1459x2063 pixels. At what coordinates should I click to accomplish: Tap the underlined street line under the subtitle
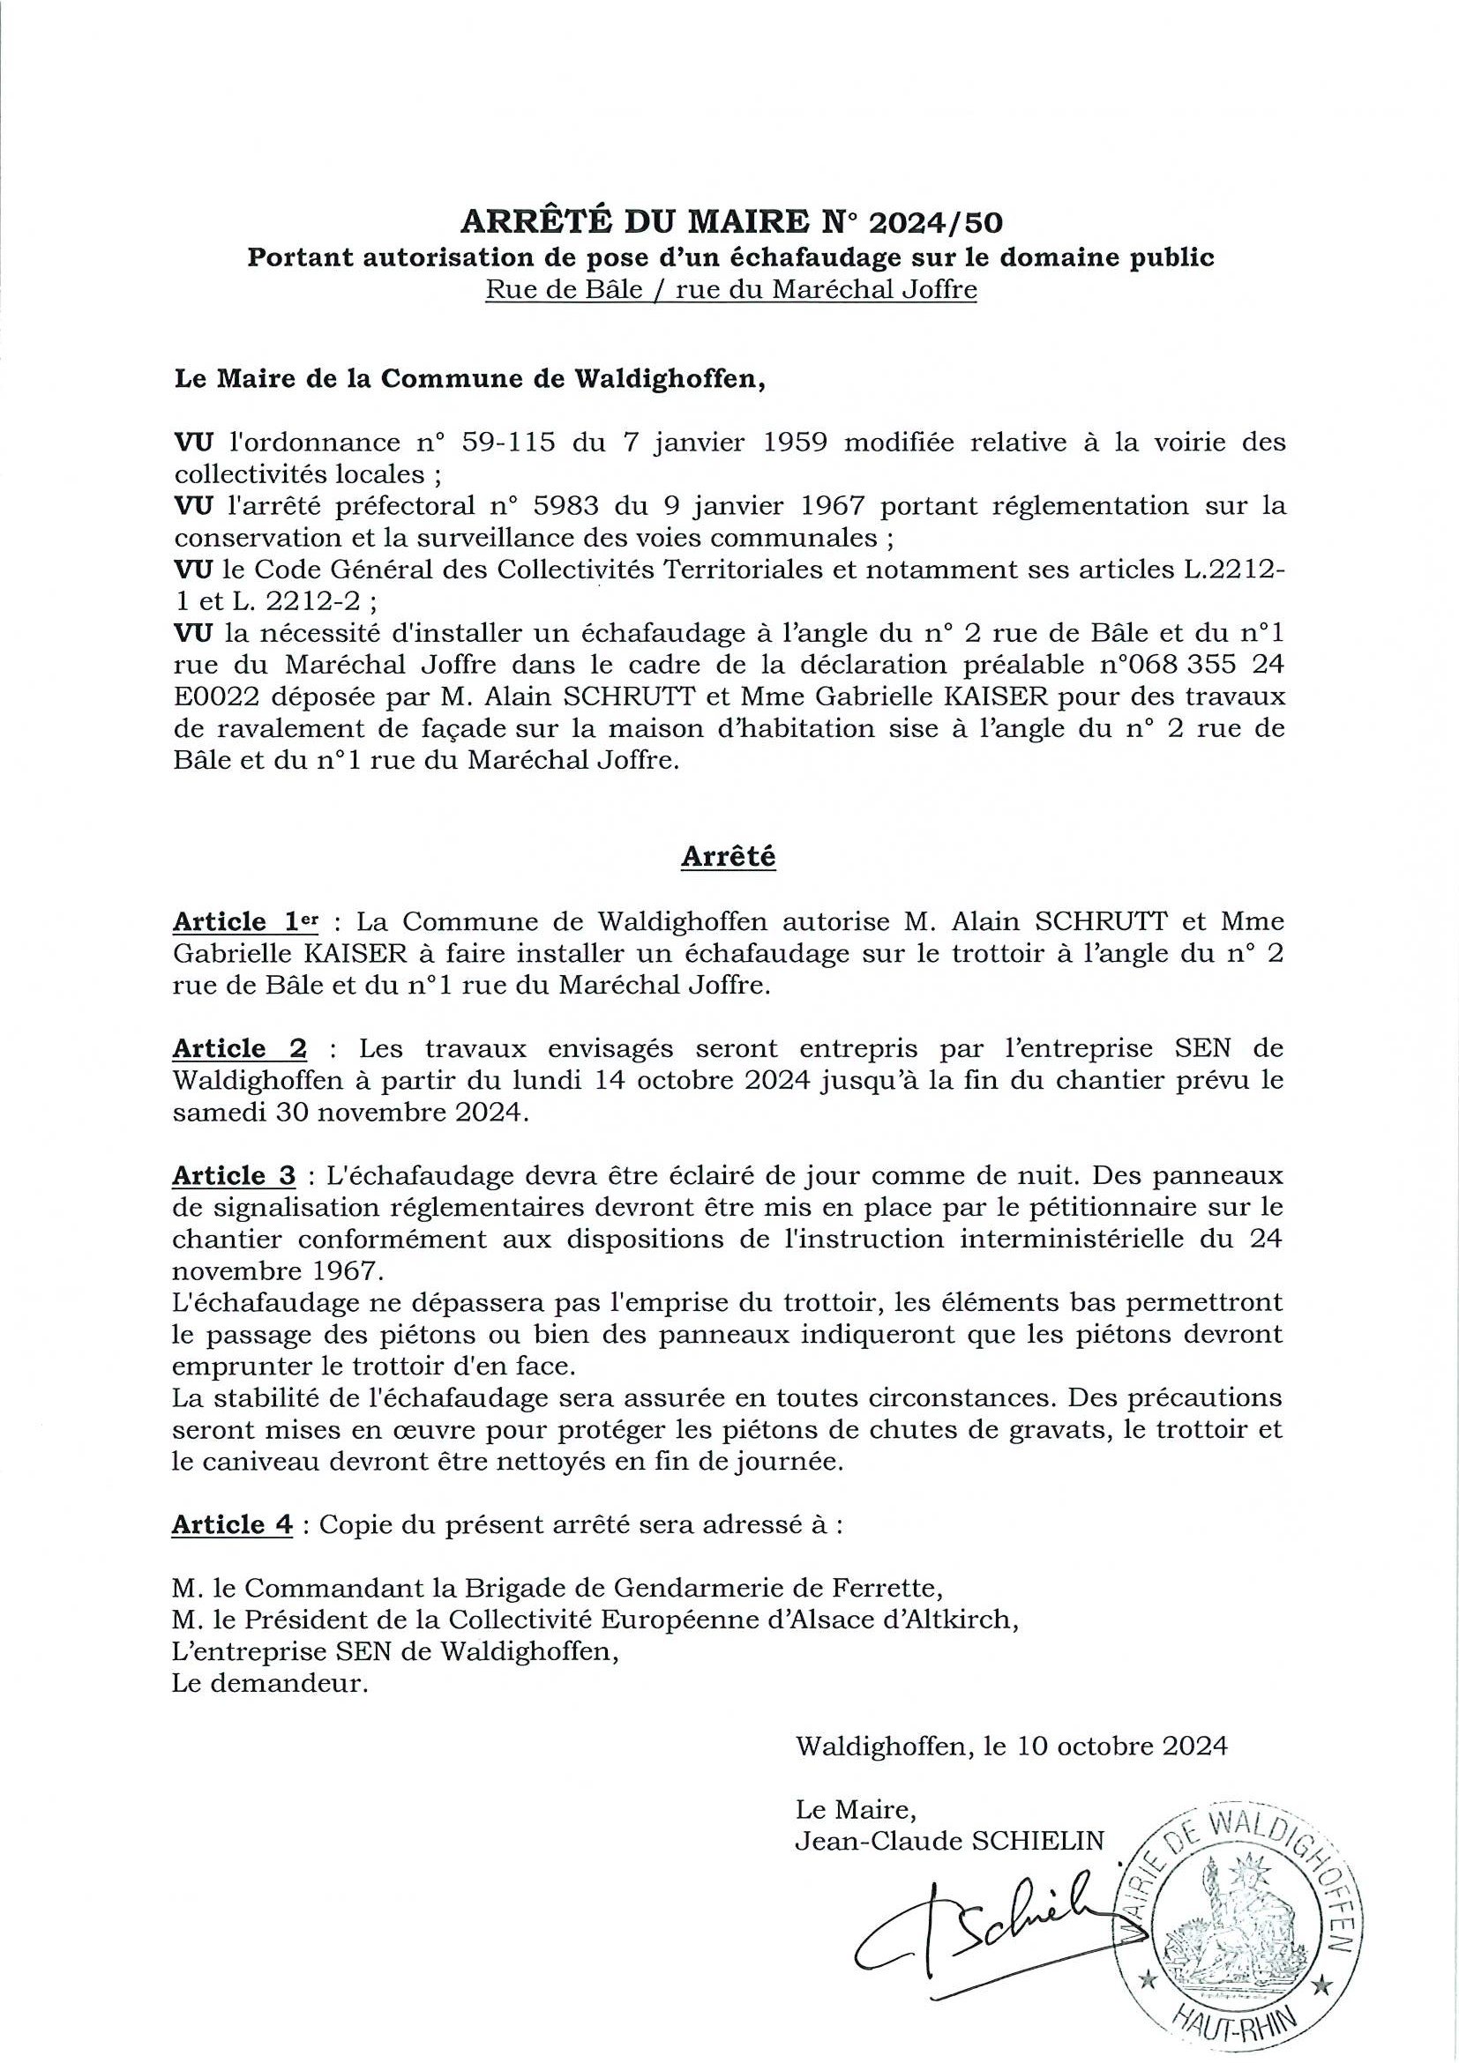(731, 290)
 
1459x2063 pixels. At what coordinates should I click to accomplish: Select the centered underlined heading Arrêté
(728, 856)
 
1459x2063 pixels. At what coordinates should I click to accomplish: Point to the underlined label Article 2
(239, 1048)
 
